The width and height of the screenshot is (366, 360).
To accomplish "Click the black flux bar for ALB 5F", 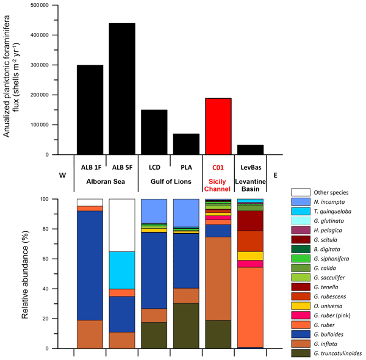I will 122,88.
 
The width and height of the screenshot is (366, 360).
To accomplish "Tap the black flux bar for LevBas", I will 250,149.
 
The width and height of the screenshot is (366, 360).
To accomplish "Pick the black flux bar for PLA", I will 186,143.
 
